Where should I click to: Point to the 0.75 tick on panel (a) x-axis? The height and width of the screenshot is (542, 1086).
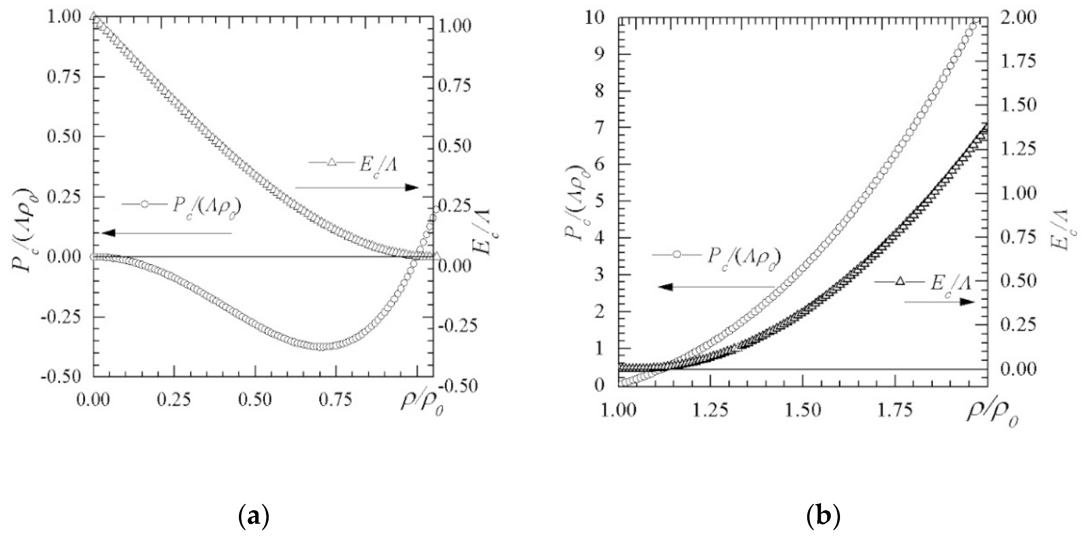[335, 400]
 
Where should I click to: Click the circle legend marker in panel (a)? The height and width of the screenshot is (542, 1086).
[145, 204]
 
